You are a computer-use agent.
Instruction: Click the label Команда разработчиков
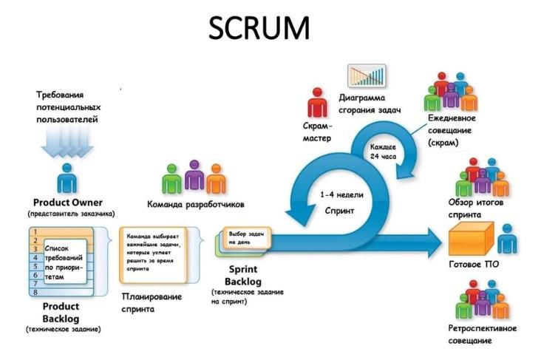pos(195,205)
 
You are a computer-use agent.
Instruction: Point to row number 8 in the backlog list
pos(35,292)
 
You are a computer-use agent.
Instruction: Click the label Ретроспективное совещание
pos(482,335)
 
